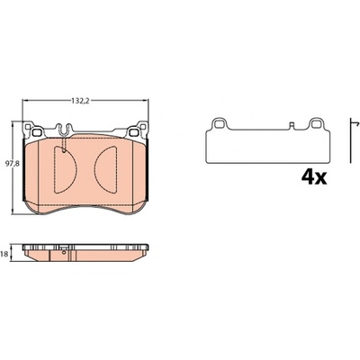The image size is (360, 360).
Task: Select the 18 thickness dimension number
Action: tap(4, 254)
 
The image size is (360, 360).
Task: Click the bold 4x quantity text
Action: tap(314, 178)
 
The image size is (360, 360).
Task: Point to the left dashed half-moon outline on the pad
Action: tap(65, 169)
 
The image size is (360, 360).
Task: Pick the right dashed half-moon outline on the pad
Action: tap(105, 169)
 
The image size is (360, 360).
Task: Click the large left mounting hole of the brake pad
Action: tap(37, 132)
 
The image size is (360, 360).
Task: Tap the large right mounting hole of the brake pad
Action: tap(133, 132)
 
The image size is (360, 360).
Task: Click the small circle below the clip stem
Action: tap(64, 150)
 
